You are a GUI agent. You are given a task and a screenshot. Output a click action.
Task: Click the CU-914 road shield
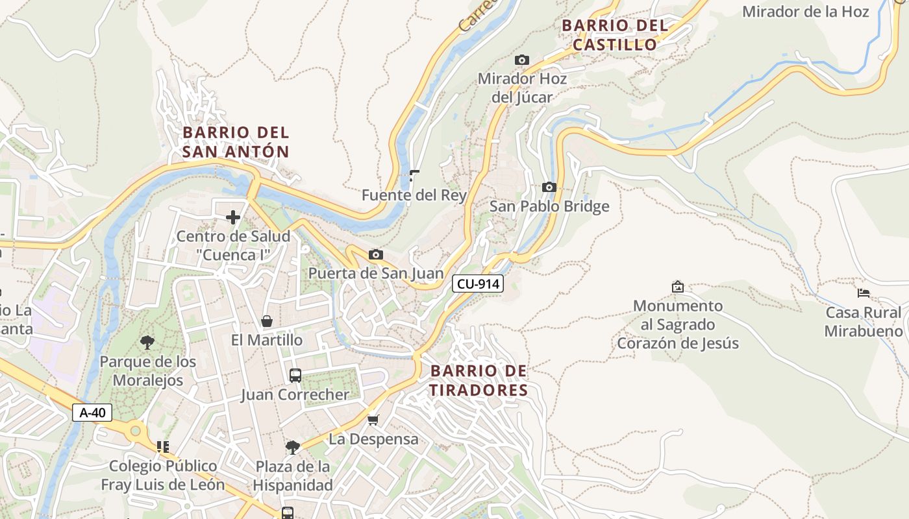coord(478,284)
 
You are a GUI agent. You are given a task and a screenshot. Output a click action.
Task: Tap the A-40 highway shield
coord(92,413)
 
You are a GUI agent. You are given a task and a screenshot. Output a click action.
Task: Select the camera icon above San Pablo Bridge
coord(549,187)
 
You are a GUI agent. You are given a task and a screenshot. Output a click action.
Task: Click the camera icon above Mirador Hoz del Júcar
coord(521,60)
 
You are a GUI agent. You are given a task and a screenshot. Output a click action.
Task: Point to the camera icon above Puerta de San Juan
coord(375,254)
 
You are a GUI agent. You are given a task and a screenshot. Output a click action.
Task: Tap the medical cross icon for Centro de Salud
coord(232,217)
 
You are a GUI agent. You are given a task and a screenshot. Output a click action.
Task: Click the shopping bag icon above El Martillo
coord(266,321)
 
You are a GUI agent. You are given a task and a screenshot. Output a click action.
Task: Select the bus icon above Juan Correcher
coord(295,375)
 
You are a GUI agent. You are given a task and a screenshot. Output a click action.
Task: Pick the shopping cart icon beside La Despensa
coord(373,420)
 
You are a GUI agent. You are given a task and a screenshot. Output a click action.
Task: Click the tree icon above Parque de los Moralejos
coord(147,342)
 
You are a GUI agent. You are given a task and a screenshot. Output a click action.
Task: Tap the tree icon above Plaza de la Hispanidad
coord(292,447)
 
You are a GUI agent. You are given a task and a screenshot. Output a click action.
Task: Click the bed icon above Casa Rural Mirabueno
coord(863,293)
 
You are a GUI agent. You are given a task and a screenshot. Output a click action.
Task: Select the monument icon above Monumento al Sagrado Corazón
coord(677,286)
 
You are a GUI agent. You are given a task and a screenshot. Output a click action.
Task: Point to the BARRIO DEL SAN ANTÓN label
coord(236,142)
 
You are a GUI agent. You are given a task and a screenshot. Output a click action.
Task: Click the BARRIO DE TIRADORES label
coord(479,381)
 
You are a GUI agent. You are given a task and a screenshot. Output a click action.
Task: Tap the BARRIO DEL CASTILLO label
coord(614,35)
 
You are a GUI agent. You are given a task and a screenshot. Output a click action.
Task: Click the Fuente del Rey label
coord(414,195)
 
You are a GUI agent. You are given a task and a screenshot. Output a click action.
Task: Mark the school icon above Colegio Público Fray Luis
coord(162,446)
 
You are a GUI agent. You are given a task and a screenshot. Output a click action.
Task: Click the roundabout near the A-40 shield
coord(135,429)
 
